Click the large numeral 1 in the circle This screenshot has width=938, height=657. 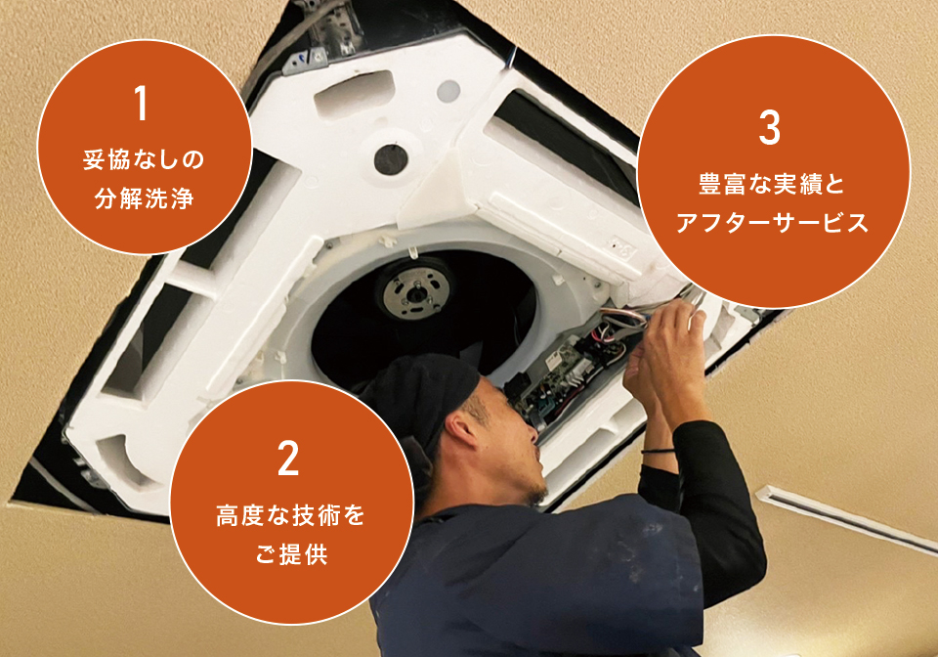(141, 103)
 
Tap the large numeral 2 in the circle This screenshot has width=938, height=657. (288, 458)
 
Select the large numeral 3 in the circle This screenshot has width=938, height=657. (770, 127)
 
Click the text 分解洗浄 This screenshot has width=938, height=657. (145, 198)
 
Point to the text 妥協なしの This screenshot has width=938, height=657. (144, 159)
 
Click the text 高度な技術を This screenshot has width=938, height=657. (290, 515)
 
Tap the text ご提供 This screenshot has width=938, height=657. (291, 554)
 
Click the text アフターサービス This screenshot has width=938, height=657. (772, 223)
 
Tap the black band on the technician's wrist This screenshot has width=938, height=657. (658, 450)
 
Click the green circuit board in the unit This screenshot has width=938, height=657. (556, 377)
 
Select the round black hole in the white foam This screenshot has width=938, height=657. (391, 159)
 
